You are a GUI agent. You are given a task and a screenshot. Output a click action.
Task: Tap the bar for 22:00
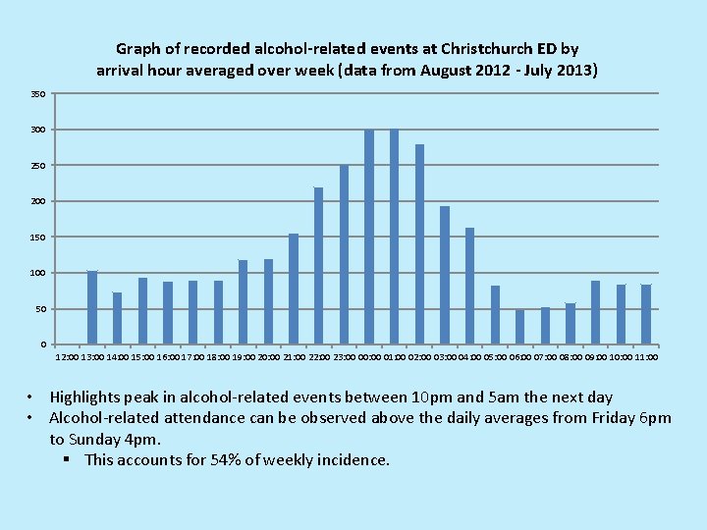coord(319,266)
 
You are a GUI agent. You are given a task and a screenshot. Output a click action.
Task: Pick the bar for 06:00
coord(520,327)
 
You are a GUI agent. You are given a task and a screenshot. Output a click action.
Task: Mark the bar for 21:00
coord(294,289)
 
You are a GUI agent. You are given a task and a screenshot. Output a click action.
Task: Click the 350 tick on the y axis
coord(37,94)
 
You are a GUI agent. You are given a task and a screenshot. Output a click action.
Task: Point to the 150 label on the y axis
coord(37,238)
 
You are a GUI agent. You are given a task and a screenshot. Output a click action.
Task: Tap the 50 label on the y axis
coord(39,309)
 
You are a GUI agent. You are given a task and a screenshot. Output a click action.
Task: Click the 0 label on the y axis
coord(41,344)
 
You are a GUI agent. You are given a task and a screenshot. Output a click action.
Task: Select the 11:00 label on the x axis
coord(646,358)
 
